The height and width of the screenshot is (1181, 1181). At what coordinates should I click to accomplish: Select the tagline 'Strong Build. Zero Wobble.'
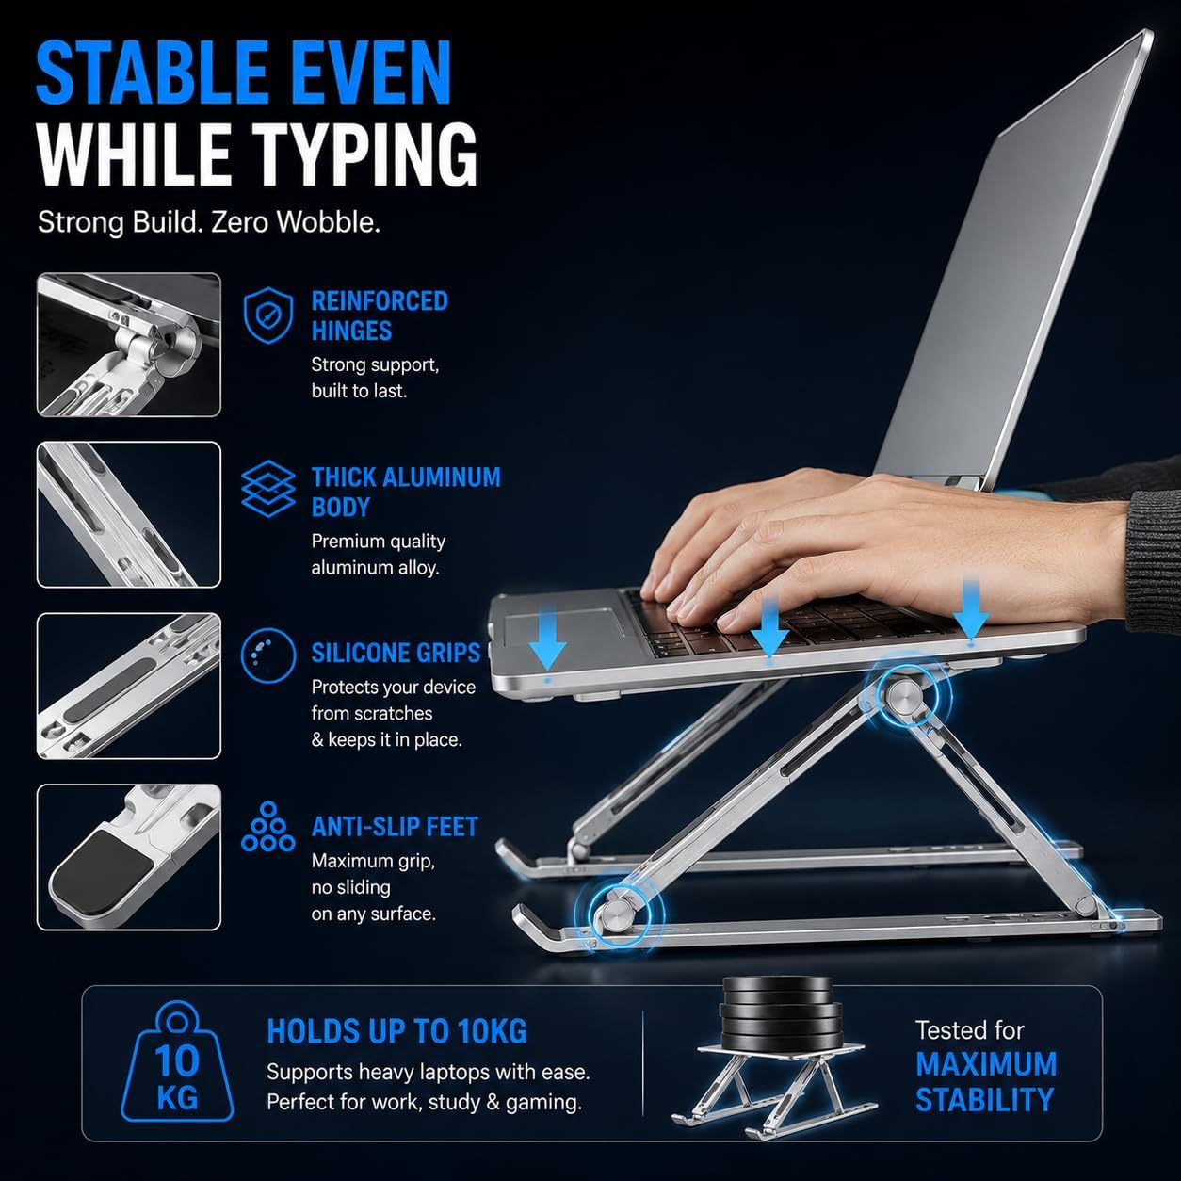(x=209, y=222)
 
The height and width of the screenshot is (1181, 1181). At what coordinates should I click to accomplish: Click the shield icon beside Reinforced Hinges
(x=267, y=315)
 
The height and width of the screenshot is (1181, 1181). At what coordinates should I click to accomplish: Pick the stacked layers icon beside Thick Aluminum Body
(x=267, y=489)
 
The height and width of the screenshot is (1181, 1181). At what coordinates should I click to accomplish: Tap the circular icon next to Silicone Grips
(x=268, y=655)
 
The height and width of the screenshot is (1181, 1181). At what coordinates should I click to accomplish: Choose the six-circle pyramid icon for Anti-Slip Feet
(x=267, y=827)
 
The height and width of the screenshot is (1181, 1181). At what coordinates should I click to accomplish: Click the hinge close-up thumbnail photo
(x=129, y=345)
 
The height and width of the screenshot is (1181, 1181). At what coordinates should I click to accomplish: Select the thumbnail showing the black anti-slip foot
(x=129, y=857)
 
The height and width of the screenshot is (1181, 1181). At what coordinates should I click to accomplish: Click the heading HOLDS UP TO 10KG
(x=396, y=1031)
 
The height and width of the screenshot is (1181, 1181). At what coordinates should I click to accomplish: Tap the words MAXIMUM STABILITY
(x=985, y=1082)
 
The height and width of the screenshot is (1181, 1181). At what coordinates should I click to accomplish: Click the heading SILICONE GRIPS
(x=396, y=654)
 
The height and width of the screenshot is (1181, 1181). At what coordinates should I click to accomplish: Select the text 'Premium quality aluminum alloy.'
(x=379, y=554)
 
